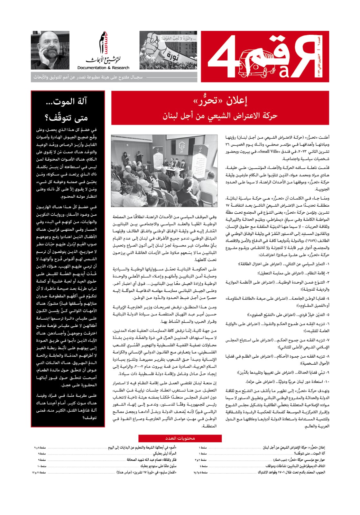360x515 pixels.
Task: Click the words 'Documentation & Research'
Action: click(x=103, y=68)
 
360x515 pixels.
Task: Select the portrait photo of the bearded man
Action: click(x=50, y=50)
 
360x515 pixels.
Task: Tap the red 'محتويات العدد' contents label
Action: click(x=180, y=438)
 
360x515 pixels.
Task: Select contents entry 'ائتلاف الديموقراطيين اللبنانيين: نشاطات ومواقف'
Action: click(x=295, y=466)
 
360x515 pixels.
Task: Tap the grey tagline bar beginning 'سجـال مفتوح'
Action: click(x=114, y=77)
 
